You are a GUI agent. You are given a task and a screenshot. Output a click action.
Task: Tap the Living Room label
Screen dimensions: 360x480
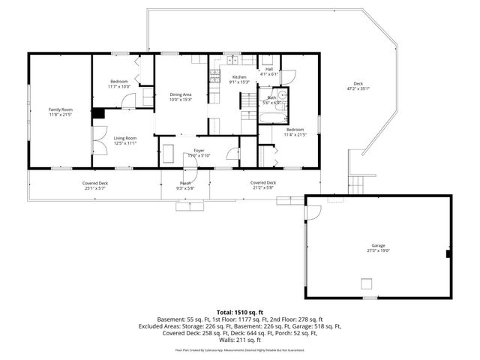(x=124, y=138)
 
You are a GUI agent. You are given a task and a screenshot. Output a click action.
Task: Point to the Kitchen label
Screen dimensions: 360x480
(x=239, y=77)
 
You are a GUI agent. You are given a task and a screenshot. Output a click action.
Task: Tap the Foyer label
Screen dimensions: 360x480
(x=199, y=151)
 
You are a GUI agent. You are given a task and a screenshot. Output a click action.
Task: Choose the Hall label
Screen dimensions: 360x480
(x=268, y=69)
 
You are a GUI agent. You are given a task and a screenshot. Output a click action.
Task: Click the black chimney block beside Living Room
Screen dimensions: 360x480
(x=97, y=114)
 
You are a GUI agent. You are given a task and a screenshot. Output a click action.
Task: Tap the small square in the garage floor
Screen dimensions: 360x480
(x=367, y=283)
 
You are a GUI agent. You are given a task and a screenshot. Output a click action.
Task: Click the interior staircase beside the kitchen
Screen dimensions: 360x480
(x=247, y=100)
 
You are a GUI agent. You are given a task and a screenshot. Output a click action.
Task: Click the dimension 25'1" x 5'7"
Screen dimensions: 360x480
(x=95, y=188)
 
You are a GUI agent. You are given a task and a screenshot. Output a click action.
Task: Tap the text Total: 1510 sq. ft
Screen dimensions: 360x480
(x=239, y=311)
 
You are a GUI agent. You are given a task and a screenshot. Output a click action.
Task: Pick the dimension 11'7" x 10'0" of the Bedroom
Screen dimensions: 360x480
(x=119, y=87)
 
